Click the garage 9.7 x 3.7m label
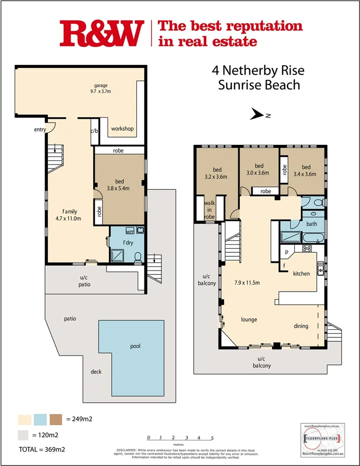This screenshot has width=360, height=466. click(101, 88)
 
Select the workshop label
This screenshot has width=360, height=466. click(122, 129)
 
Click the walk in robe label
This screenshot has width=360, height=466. click(210, 210)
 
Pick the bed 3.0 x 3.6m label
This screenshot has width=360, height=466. click(259, 169)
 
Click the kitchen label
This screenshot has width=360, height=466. click(302, 273)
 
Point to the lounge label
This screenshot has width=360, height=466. click(249, 319)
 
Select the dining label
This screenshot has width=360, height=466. click(301, 326)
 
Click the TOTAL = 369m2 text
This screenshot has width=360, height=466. click(42, 449)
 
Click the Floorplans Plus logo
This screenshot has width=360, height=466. click(322, 438)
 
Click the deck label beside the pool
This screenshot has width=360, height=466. click(96, 372)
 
